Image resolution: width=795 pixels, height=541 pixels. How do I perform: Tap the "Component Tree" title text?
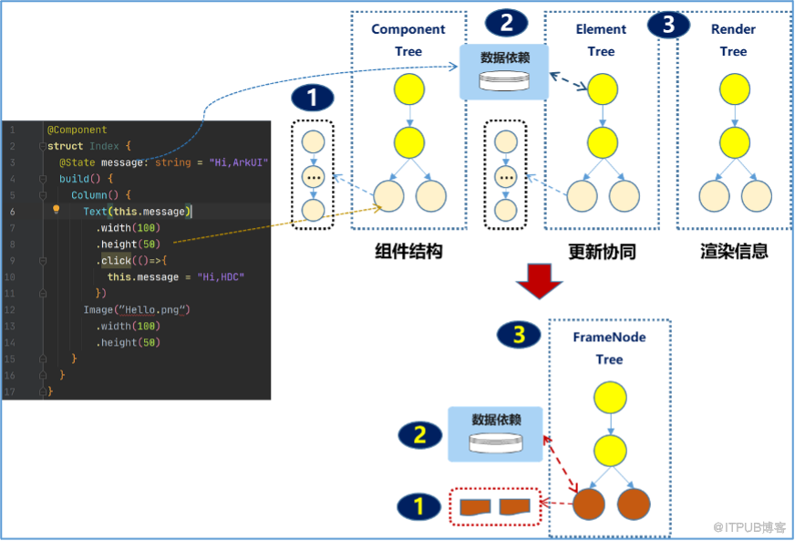408,40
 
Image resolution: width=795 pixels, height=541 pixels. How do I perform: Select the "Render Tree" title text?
733,40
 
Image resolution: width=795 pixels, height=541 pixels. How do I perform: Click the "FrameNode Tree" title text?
609,349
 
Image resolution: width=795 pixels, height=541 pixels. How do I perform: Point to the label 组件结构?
408,251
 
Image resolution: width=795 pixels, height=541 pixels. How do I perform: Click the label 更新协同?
602,251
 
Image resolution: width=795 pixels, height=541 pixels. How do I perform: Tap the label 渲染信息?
734,251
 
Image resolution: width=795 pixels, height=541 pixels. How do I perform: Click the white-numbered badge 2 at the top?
507,24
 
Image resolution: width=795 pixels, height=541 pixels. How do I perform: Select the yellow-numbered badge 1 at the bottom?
418,506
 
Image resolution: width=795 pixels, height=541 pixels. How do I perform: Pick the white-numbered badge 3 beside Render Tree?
669,25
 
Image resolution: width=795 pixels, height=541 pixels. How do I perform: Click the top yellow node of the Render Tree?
735,88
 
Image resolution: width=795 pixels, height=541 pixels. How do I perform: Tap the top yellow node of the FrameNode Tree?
610,398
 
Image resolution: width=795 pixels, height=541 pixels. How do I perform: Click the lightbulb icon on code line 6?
57,209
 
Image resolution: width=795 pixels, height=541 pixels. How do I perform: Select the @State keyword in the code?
77,162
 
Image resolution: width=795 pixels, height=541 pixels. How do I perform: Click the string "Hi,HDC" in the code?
221,277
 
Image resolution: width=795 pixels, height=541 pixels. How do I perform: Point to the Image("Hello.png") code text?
137,309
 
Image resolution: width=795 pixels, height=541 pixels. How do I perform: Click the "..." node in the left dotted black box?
314,177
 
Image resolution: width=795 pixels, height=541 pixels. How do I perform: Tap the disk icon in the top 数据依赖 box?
504,80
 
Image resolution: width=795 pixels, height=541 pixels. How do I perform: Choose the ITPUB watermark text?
749,527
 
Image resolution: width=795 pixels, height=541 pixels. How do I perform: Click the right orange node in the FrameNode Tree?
634,505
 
